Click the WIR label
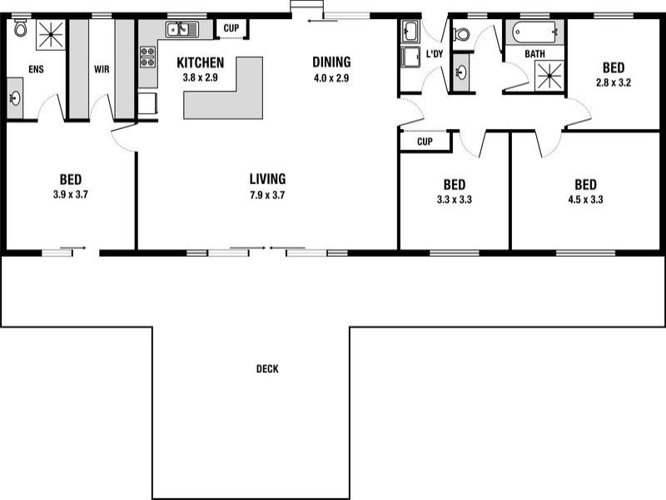click(102, 69)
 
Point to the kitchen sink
click(181, 30)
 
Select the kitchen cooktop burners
click(148, 57)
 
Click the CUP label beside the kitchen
click(231, 28)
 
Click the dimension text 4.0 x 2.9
click(331, 77)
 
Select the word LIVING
click(267, 178)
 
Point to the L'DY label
click(434, 54)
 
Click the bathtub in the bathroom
click(534, 34)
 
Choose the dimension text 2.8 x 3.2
click(614, 82)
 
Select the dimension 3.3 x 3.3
click(454, 199)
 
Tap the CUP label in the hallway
click(425, 142)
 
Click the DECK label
click(267, 369)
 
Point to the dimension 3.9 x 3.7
click(70, 194)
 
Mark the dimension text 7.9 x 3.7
click(267, 194)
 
